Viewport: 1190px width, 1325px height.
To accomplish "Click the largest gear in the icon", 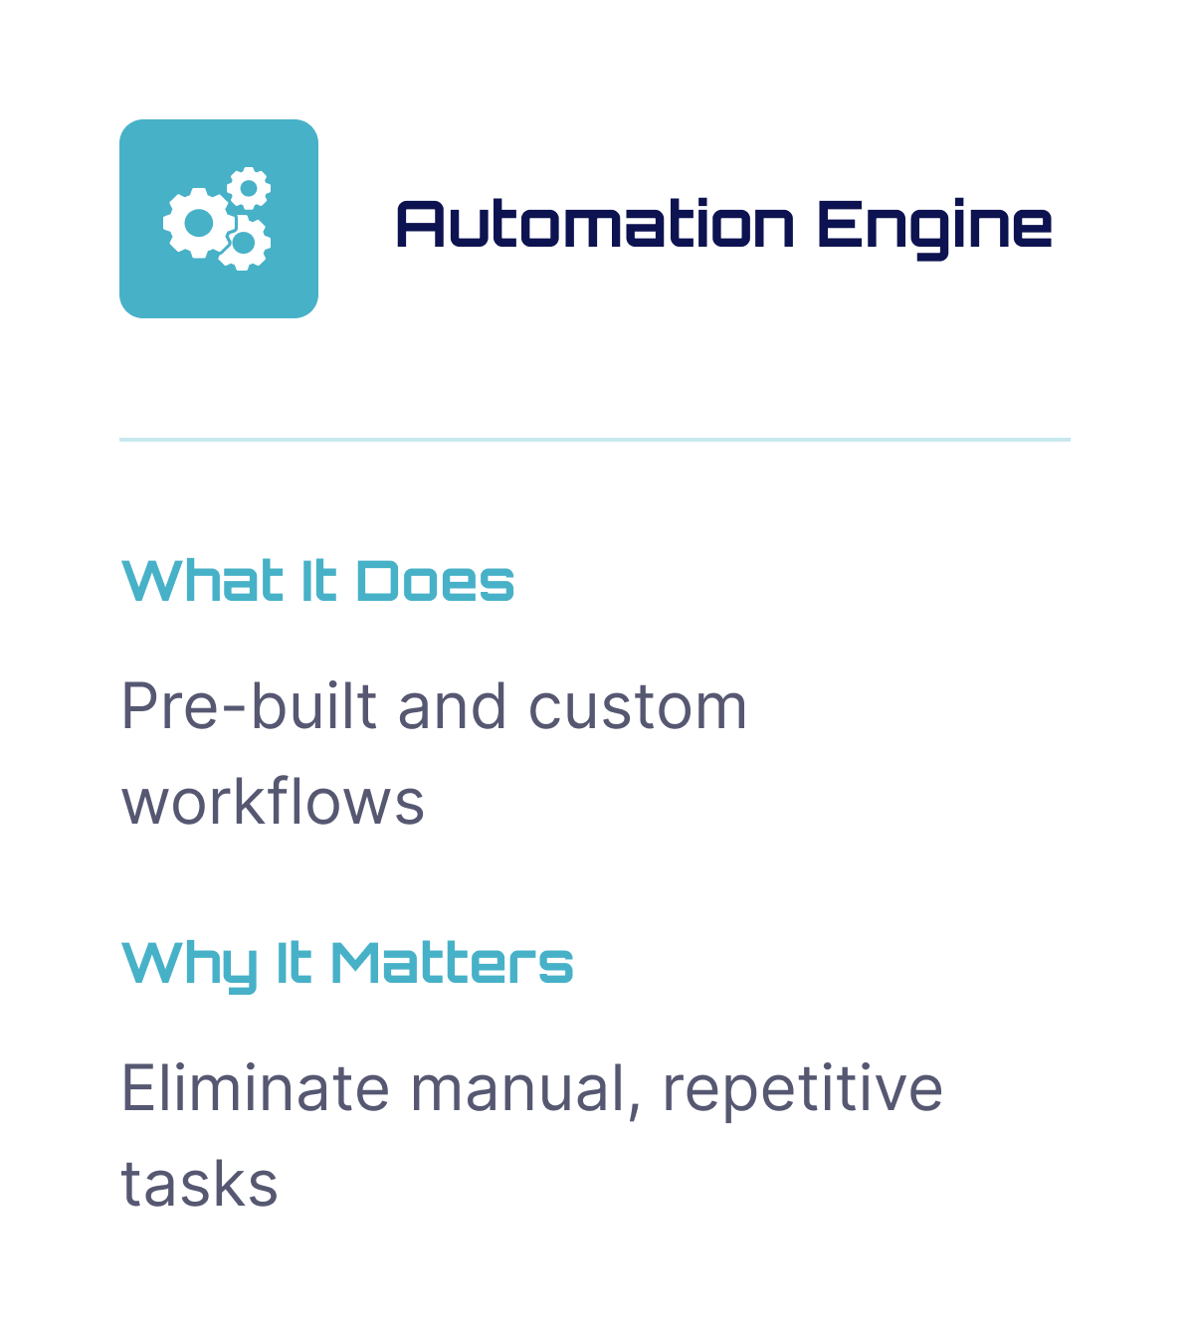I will tap(199, 223).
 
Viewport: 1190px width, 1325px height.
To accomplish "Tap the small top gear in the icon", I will tap(249, 187).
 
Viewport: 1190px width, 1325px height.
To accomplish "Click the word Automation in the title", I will tap(595, 224).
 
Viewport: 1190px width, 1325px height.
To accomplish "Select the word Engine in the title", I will tap(934, 226).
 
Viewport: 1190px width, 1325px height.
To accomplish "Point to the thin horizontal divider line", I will tap(595, 439).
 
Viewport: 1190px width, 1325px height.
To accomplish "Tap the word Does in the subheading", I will tap(436, 582).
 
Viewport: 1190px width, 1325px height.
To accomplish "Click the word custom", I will tap(637, 707).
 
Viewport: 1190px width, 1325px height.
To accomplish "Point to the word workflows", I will tap(273, 802).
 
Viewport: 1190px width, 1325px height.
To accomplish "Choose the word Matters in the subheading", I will tap(452, 963).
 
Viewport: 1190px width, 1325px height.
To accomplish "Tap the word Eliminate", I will tap(255, 1087).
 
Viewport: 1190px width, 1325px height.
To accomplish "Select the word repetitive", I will tap(802, 1088).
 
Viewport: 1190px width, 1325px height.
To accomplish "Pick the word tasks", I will tap(199, 1184).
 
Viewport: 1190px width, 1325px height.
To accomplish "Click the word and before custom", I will tap(452, 707).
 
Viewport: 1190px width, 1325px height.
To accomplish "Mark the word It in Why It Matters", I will tap(294, 963).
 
